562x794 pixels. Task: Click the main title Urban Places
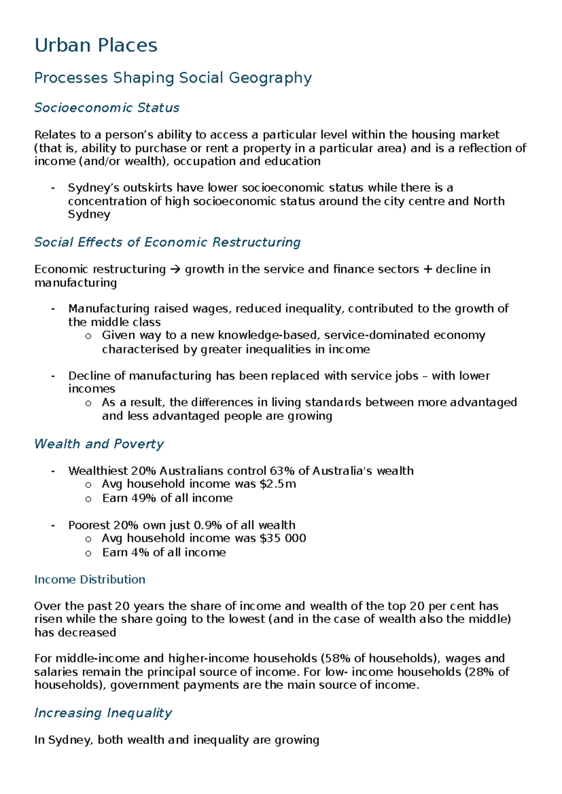(x=96, y=45)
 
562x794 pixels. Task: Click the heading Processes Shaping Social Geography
(x=173, y=78)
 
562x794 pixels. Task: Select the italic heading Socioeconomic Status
(x=107, y=108)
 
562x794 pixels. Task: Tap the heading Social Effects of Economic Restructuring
(x=167, y=242)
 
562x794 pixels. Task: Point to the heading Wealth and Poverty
(x=99, y=444)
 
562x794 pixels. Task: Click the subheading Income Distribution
(x=89, y=580)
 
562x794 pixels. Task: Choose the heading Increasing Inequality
(x=103, y=713)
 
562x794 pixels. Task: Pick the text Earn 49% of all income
(x=167, y=498)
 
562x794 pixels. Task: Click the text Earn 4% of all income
(x=164, y=552)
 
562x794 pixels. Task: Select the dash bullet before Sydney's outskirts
(x=53, y=188)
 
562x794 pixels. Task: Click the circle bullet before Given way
(x=88, y=336)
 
